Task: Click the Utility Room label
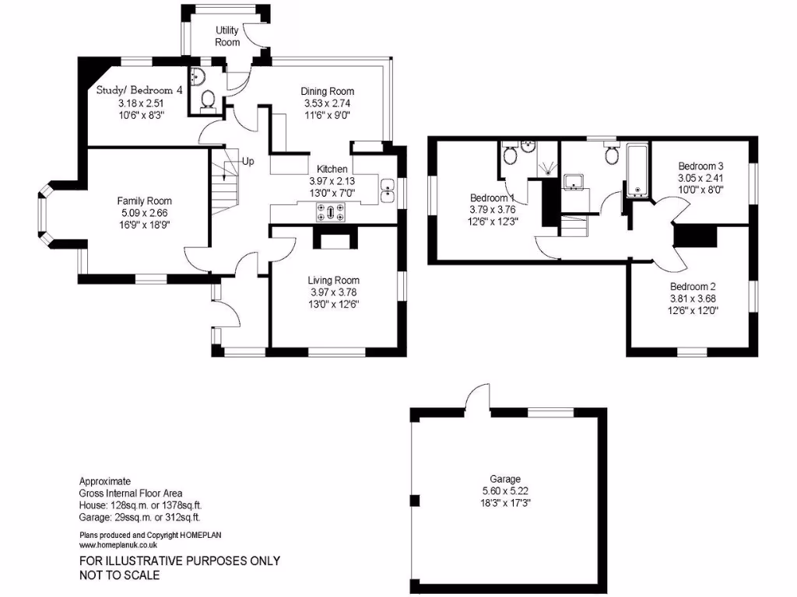pyautogui.click(x=227, y=37)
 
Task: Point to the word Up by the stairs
pyautogui.click(x=248, y=162)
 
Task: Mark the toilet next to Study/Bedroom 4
pyautogui.click(x=208, y=99)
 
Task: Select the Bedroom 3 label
pyautogui.click(x=700, y=166)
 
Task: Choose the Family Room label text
pyautogui.click(x=145, y=201)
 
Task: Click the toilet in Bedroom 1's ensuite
pyautogui.click(x=511, y=155)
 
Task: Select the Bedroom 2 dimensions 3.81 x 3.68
pyautogui.click(x=693, y=298)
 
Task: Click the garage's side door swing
pyautogui.click(x=476, y=397)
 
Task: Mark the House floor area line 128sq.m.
pyautogui.click(x=140, y=504)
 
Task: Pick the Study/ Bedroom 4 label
pyautogui.click(x=139, y=90)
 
